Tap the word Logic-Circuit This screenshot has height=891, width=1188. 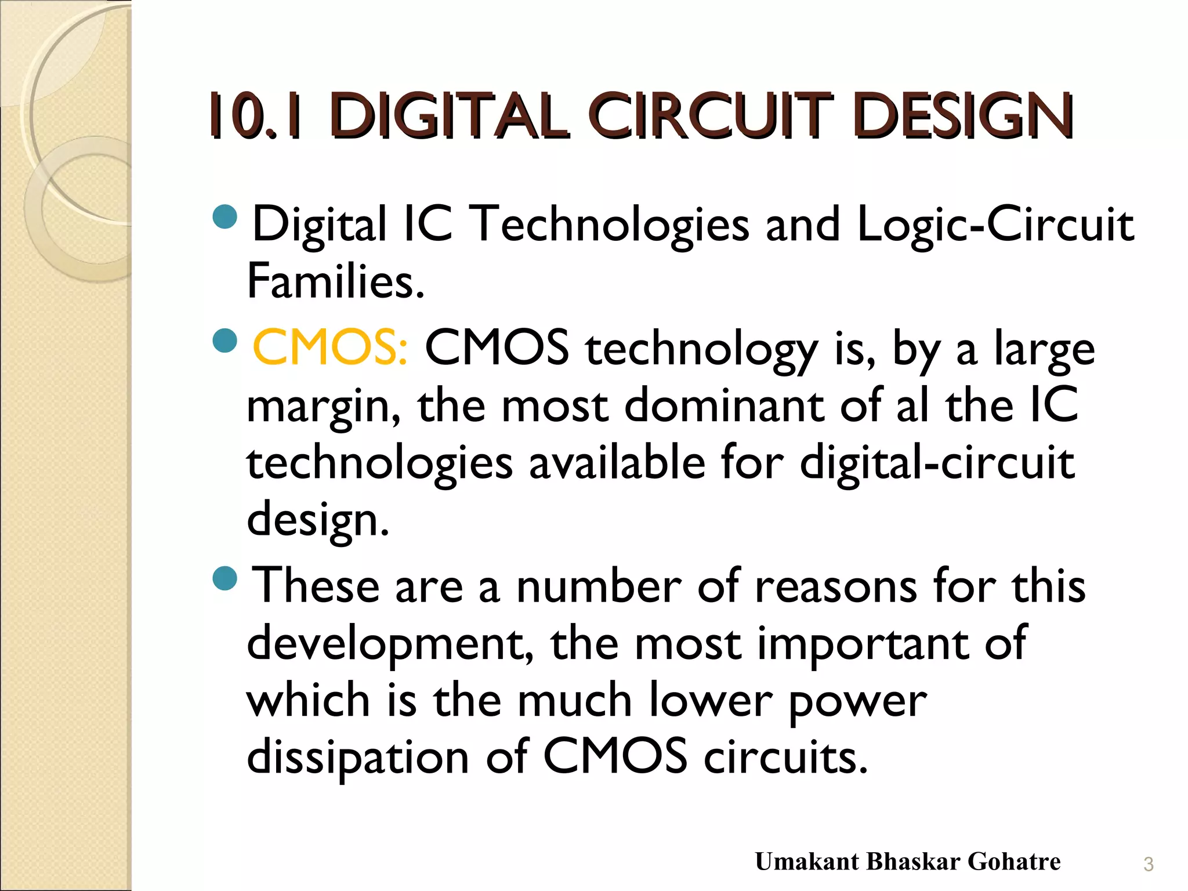[994, 225]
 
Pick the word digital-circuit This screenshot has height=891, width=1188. [936, 463]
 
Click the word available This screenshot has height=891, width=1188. [617, 463]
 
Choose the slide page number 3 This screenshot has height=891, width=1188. [1148, 864]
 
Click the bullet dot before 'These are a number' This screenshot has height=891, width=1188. [225, 578]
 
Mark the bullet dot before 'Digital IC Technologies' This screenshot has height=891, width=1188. [225, 216]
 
